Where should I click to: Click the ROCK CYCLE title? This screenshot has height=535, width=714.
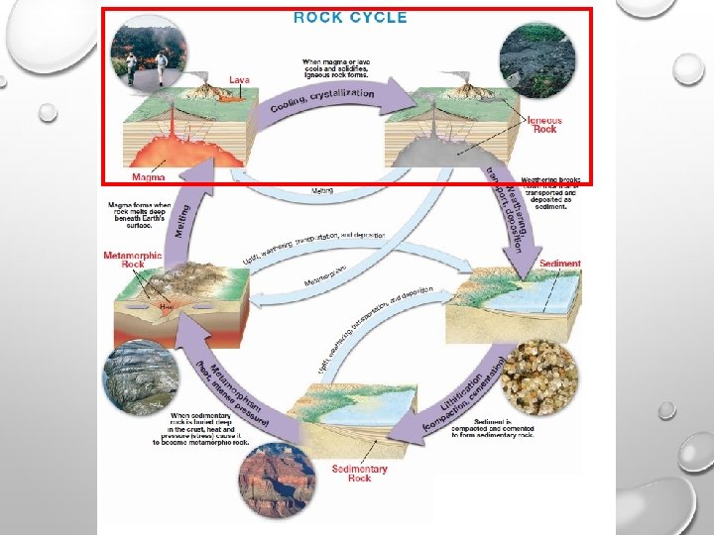click(350, 17)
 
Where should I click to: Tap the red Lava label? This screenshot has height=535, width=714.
click(239, 80)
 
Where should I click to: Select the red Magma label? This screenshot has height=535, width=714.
click(148, 178)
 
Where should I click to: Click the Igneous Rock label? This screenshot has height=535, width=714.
click(543, 124)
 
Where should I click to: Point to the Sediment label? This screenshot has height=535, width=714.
click(560, 265)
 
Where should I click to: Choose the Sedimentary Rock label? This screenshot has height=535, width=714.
click(359, 473)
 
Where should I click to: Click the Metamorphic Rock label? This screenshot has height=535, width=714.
click(133, 261)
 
